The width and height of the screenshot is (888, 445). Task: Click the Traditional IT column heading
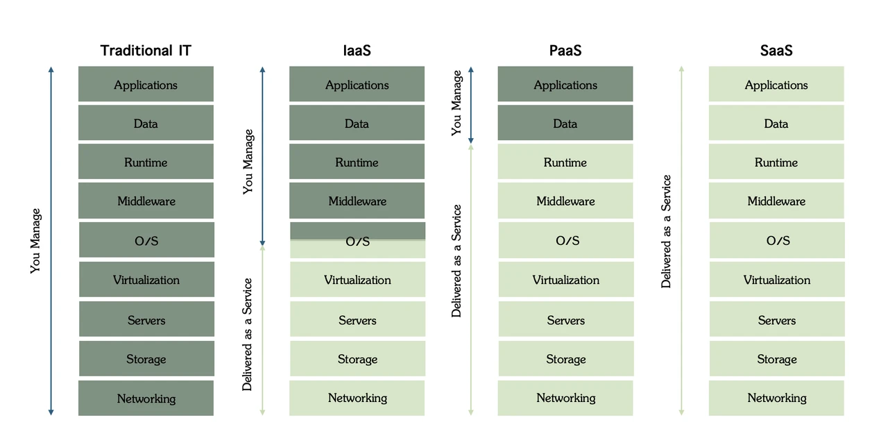(146, 51)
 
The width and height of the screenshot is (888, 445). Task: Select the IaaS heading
(357, 51)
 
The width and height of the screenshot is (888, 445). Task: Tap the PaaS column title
(565, 51)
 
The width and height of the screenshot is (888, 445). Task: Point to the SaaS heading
(776, 51)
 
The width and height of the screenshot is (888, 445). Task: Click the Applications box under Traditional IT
(146, 85)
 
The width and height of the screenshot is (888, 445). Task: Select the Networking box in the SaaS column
(776, 398)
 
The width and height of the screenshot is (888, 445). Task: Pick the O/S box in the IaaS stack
(357, 241)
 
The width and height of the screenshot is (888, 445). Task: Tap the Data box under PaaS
(565, 124)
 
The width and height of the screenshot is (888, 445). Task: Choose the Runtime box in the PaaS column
(565, 162)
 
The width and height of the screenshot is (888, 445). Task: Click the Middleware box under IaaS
(357, 201)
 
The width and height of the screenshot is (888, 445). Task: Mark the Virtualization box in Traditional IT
(146, 280)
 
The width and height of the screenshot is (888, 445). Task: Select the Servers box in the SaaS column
(777, 320)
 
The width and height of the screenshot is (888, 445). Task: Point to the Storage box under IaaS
(357, 359)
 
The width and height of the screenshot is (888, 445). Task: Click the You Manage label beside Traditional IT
(36, 241)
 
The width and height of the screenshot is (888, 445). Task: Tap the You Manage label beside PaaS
(456, 102)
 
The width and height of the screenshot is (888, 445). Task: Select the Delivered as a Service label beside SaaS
(667, 232)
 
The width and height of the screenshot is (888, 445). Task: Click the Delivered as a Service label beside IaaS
(248, 335)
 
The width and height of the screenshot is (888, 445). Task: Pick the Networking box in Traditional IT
(146, 398)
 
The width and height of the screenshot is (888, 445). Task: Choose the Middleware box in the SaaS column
(776, 201)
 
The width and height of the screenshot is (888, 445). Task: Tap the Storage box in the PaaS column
(566, 359)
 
